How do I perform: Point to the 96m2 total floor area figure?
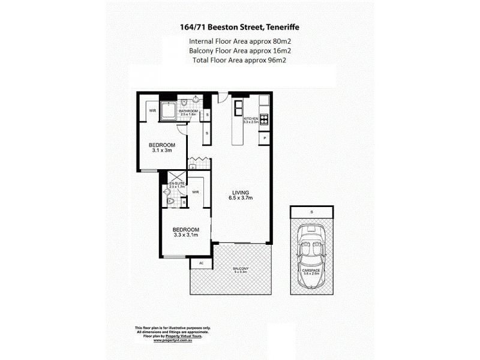[274, 61]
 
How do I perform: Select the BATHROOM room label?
[188, 111]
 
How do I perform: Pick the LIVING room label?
[241, 193]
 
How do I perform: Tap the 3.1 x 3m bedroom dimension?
[162, 151]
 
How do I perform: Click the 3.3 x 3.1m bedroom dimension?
[185, 236]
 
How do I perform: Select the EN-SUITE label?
[176, 184]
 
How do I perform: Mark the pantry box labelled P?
[265, 139]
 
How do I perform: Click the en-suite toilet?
[170, 203]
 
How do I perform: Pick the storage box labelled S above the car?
[311, 212]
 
